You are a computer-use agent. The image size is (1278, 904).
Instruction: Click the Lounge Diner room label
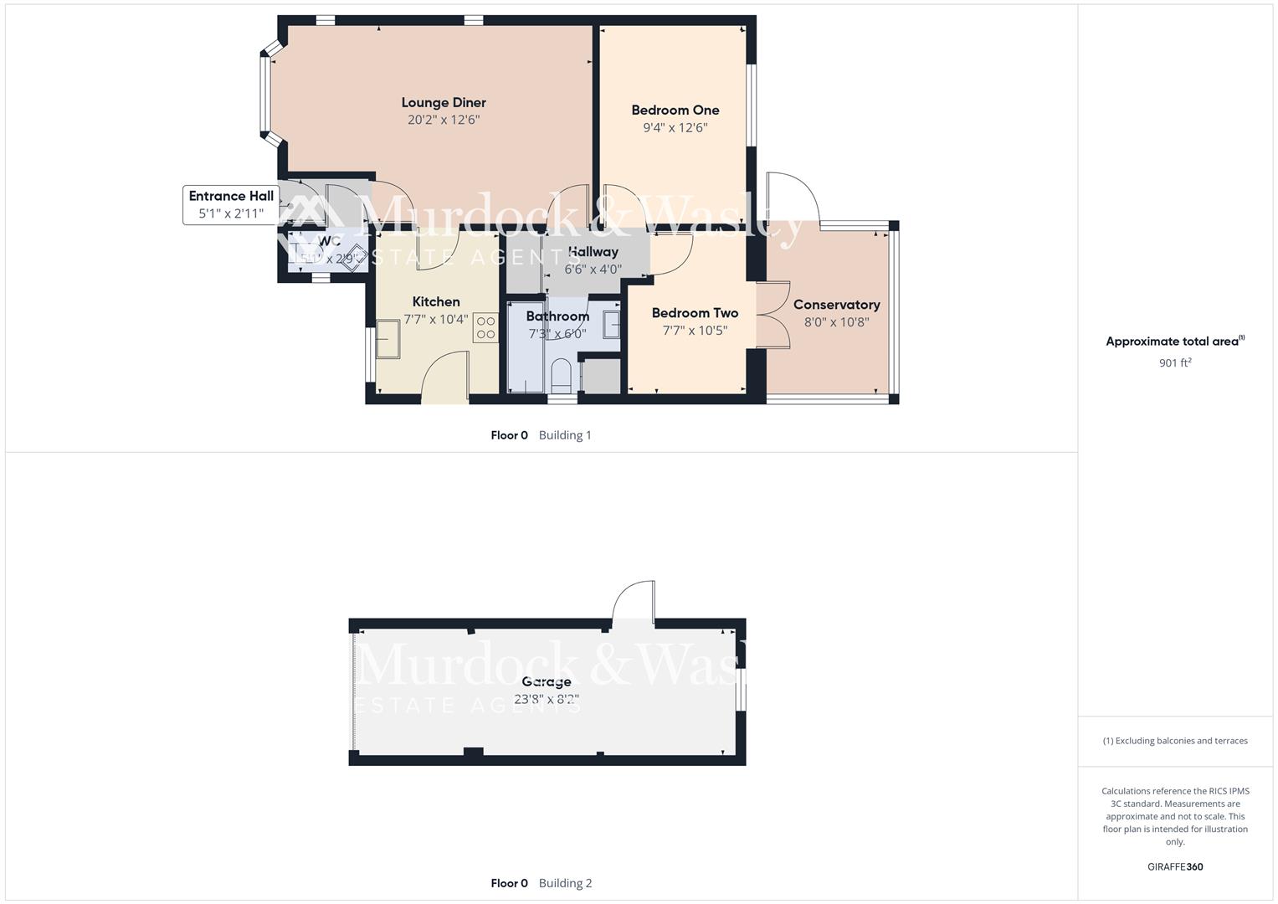[444, 103]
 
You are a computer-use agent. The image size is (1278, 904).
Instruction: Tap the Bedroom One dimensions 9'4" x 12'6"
[675, 128]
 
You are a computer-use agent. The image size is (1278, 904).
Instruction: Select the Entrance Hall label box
[231, 205]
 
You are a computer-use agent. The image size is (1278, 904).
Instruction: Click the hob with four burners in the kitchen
[485, 327]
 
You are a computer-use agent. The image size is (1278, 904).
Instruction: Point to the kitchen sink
[388, 338]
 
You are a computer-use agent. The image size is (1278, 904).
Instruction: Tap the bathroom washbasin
[612, 324]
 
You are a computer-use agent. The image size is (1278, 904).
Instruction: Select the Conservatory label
[836, 305]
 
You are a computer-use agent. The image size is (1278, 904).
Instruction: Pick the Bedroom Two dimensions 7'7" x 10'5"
[695, 331]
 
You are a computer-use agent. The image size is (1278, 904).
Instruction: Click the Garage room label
[546, 681]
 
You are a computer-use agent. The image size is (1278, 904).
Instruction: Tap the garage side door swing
[634, 600]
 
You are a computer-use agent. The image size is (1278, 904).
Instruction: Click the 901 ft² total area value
[1175, 363]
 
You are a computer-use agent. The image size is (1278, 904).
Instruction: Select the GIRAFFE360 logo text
[1175, 867]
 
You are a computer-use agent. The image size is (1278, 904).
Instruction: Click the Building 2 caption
[565, 883]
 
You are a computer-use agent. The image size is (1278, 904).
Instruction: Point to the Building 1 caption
[565, 435]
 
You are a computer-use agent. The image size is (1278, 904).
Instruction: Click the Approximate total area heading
[1175, 342]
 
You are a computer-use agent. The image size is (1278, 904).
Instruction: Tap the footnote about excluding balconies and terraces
[1175, 741]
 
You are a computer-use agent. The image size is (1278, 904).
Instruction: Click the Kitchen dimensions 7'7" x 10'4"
[436, 320]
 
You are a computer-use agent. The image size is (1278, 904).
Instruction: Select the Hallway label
[593, 252]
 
